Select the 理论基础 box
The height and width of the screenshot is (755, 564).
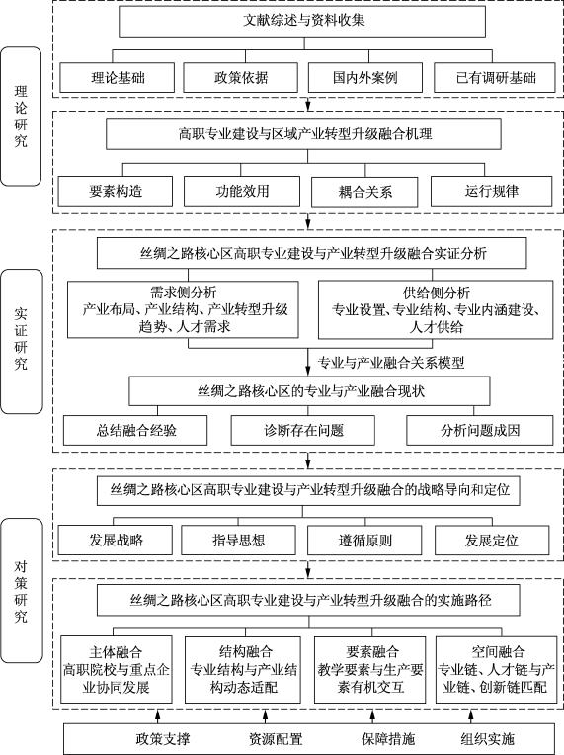pyautogui.click(x=117, y=77)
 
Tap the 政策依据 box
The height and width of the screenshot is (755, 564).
pyautogui.click(x=241, y=77)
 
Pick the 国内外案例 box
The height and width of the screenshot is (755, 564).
pyautogui.click(x=365, y=77)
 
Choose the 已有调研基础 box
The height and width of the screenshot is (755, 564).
pyautogui.click(x=495, y=77)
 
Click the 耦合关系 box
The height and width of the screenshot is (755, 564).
pyautogui.click(x=364, y=192)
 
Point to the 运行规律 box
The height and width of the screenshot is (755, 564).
pyautogui.click(x=491, y=191)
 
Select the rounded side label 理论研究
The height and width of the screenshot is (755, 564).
pyautogui.click(x=21, y=116)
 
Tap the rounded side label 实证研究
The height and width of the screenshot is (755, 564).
pyautogui.click(x=21, y=341)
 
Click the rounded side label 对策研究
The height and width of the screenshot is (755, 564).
pyautogui.click(x=21, y=590)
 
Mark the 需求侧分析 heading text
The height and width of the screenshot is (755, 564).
pyautogui.click(x=184, y=293)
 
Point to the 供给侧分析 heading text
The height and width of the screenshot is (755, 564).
pyautogui.click(x=436, y=293)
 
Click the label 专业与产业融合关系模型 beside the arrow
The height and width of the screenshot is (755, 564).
pyautogui.click(x=391, y=362)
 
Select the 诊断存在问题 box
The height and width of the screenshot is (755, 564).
pyautogui.click(x=302, y=430)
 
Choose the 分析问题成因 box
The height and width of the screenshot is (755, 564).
pyautogui.click(x=480, y=430)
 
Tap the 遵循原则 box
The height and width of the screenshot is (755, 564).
pyautogui.click(x=364, y=541)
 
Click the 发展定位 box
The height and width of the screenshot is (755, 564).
pyautogui.click(x=492, y=541)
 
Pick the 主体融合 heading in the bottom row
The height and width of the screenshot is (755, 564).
pyautogui.click(x=116, y=652)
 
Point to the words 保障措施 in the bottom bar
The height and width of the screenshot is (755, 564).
pyautogui.click(x=388, y=738)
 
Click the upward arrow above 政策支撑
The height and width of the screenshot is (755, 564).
pyautogui.click(x=157, y=715)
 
